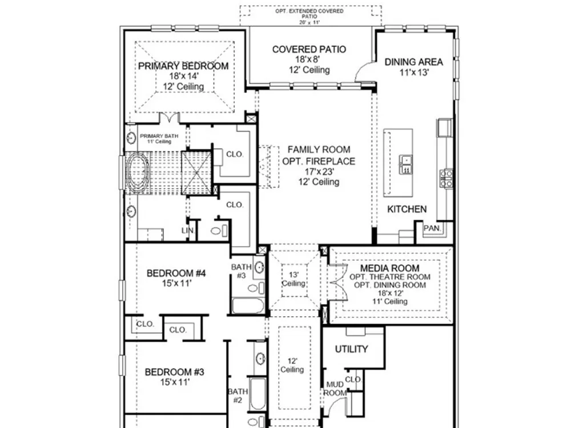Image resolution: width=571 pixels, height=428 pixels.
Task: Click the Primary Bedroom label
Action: (183, 66)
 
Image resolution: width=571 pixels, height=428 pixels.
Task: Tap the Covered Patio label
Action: (309, 50)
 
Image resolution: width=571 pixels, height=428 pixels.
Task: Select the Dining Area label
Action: (413, 62)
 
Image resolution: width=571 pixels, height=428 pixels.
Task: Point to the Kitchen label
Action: (407, 209)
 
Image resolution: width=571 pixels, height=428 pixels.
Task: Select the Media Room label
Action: (389, 268)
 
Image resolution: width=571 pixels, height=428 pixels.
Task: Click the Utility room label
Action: (351, 349)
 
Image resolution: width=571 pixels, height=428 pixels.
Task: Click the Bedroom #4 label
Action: (176, 273)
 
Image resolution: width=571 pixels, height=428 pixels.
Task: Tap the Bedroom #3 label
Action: (174, 372)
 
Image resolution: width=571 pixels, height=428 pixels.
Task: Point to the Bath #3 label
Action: (242, 272)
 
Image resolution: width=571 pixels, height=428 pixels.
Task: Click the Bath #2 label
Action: (238, 396)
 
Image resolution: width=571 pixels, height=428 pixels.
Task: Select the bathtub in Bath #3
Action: (248, 306)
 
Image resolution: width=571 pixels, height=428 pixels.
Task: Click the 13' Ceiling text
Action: (293, 279)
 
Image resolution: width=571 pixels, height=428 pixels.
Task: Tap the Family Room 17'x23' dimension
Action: (319, 171)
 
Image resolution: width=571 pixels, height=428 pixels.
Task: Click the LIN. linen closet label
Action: (188, 231)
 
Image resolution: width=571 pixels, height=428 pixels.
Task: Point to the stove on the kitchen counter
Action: (446, 178)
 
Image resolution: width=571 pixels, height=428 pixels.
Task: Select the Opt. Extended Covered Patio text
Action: (309, 14)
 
